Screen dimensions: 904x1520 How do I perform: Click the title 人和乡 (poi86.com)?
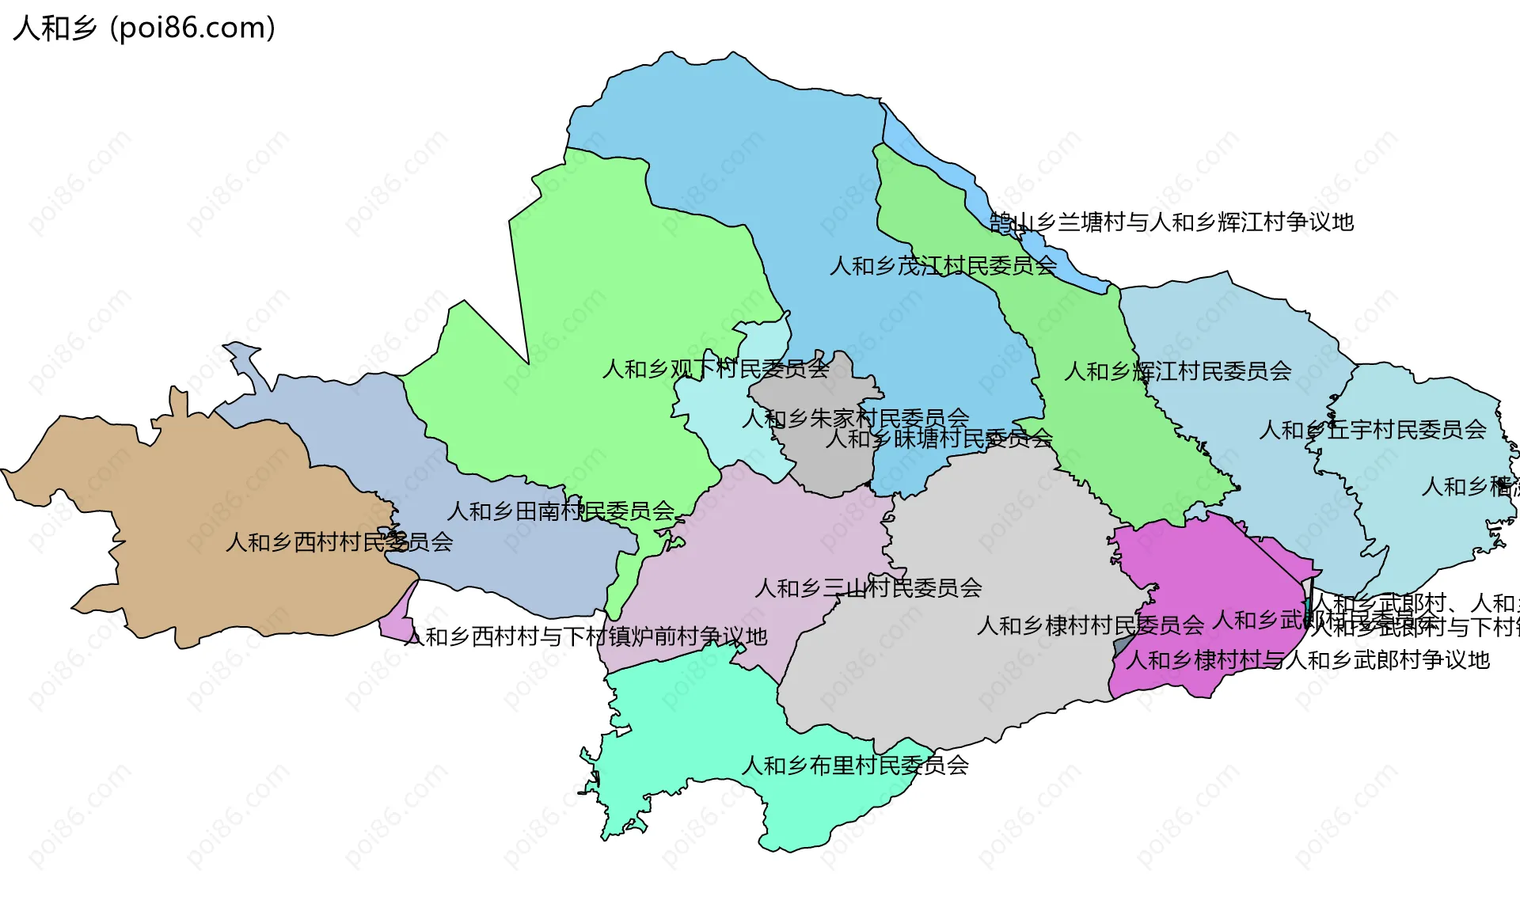pos(144,28)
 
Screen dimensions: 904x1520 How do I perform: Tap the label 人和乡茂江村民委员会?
pos(943,266)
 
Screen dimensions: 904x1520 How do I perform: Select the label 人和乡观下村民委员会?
pos(715,369)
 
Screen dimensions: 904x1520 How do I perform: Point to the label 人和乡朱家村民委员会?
pos(855,418)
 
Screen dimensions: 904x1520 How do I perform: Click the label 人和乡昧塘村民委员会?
pos(939,438)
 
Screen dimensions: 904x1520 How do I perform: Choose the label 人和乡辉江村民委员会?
pos(1177,371)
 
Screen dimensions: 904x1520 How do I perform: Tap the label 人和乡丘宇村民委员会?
pos(1372,430)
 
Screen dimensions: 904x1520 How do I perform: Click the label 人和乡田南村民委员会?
pos(560,511)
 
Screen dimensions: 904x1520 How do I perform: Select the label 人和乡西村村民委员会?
pos(339,542)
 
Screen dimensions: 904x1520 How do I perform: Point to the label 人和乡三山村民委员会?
pos(868,588)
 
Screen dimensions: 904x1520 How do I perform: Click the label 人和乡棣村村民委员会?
pos(1090,626)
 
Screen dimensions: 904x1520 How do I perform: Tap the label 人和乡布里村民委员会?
pos(855,765)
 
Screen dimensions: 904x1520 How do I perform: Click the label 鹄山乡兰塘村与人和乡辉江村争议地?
pos(1172,222)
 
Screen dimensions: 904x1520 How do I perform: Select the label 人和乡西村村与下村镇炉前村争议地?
pos(586,636)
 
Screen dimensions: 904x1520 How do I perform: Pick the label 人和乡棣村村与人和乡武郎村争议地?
pos(1307,660)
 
